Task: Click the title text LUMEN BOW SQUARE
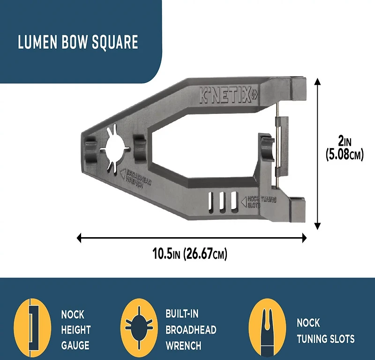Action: coord(78,42)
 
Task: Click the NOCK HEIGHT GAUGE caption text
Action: coord(75,330)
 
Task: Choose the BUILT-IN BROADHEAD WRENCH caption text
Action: coord(190,330)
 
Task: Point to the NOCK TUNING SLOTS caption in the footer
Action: coord(325,330)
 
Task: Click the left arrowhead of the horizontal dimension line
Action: coord(80,238)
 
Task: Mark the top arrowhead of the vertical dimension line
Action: coord(318,82)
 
